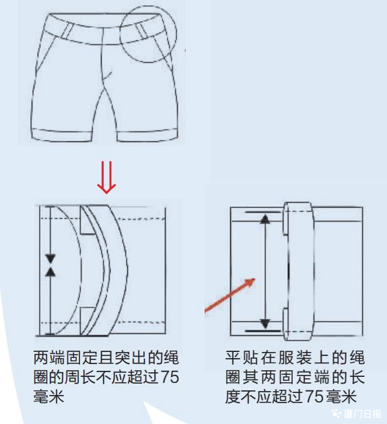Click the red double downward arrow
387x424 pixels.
(x=106, y=178)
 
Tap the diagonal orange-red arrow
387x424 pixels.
(x=230, y=295)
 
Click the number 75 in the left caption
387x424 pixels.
(x=170, y=376)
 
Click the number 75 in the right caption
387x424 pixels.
(x=314, y=396)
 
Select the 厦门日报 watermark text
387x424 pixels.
(x=363, y=414)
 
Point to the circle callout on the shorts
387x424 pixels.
(x=148, y=34)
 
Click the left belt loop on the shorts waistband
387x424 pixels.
(x=68, y=30)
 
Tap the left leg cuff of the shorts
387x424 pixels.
(x=62, y=135)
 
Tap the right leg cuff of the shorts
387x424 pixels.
(x=147, y=136)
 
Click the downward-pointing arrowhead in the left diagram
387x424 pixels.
(x=50, y=258)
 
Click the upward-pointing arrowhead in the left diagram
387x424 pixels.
(x=50, y=272)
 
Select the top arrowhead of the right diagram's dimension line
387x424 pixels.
(x=265, y=219)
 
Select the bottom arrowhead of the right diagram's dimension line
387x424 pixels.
(x=265, y=324)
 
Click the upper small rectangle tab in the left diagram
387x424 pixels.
(x=87, y=219)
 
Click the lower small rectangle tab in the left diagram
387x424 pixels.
(x=87, y=321)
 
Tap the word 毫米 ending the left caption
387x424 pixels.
(x=48, y=396)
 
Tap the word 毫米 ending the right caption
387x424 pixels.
(x=341, y=396)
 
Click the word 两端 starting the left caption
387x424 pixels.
(x=48, y=357)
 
